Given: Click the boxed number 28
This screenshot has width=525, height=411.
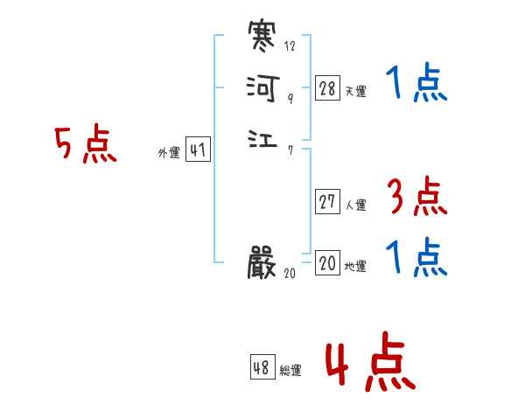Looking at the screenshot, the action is tap(327, 87).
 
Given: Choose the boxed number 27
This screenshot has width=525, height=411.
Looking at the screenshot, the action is tap(327, 202).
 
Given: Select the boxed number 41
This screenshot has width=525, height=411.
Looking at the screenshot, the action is tap(198, 150).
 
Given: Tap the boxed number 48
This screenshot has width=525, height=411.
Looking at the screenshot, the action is tap(262, 367).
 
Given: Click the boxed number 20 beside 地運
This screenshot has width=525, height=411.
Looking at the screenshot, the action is tap(327, 263).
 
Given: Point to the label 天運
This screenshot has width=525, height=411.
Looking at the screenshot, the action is tap(355, 91).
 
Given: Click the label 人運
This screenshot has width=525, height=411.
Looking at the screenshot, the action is tap(355, 205).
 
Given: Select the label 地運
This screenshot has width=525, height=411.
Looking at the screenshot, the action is tap(355, 267).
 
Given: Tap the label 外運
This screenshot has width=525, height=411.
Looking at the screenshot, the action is tap(169, 153).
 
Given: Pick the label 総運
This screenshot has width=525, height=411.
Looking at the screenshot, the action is tap(290, 371).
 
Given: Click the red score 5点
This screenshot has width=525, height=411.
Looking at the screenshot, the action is tap(86, 145).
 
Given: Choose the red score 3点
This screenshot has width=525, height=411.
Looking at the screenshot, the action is tap(416, 199).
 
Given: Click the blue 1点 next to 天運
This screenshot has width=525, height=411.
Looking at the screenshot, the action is tap(416, 84).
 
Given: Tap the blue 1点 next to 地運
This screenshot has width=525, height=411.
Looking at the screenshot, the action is tap(416, 259).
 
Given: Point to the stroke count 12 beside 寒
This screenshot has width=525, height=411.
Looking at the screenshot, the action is tap(290, 45).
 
